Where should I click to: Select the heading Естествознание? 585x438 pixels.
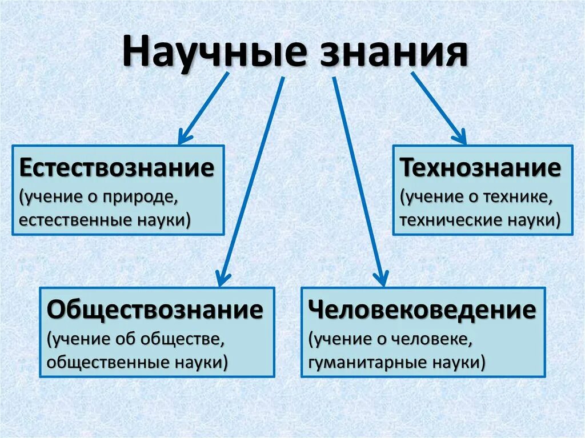coord(117,168)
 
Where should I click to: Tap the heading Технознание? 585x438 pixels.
coord(480,168)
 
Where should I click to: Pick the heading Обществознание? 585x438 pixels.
coord(155,311)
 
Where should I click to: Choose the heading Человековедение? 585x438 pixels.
coord(422,311)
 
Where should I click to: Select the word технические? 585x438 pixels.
coord(451,220)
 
